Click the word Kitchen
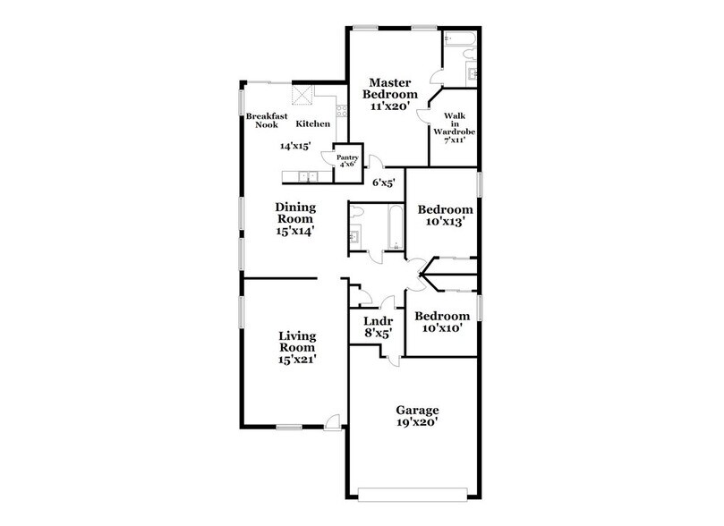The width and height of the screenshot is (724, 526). (x=313, y=123)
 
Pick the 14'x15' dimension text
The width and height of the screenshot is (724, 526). (x=295, y=145)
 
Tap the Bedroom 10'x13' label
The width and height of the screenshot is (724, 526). (x=445, y=216)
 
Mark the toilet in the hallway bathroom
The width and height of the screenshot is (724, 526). (x=357, y=212)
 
